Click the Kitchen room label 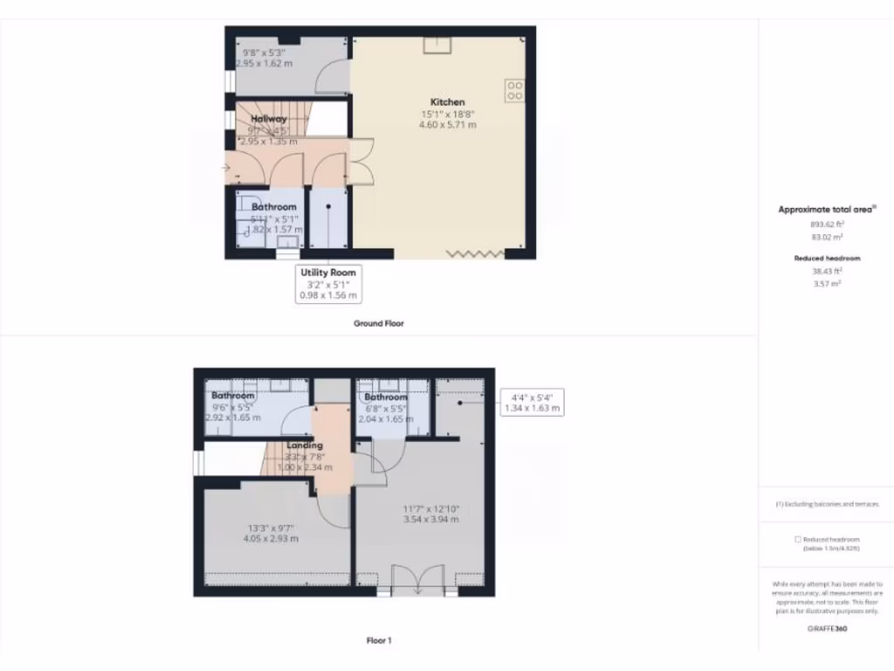click(448, 102)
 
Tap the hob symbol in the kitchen click(514, 90)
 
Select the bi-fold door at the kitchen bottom click(475, 253)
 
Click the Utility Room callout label click(328, 273)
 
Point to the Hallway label click(268, 119)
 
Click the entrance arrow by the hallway click(226, 167)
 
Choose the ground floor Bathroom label click(274, 207)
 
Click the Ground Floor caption click(378, 323)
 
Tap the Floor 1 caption click(378, 640)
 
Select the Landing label click(305, 445)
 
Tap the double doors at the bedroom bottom click(416, 580)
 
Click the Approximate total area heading click(826, 210)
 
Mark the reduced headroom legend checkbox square click(798, 539)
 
